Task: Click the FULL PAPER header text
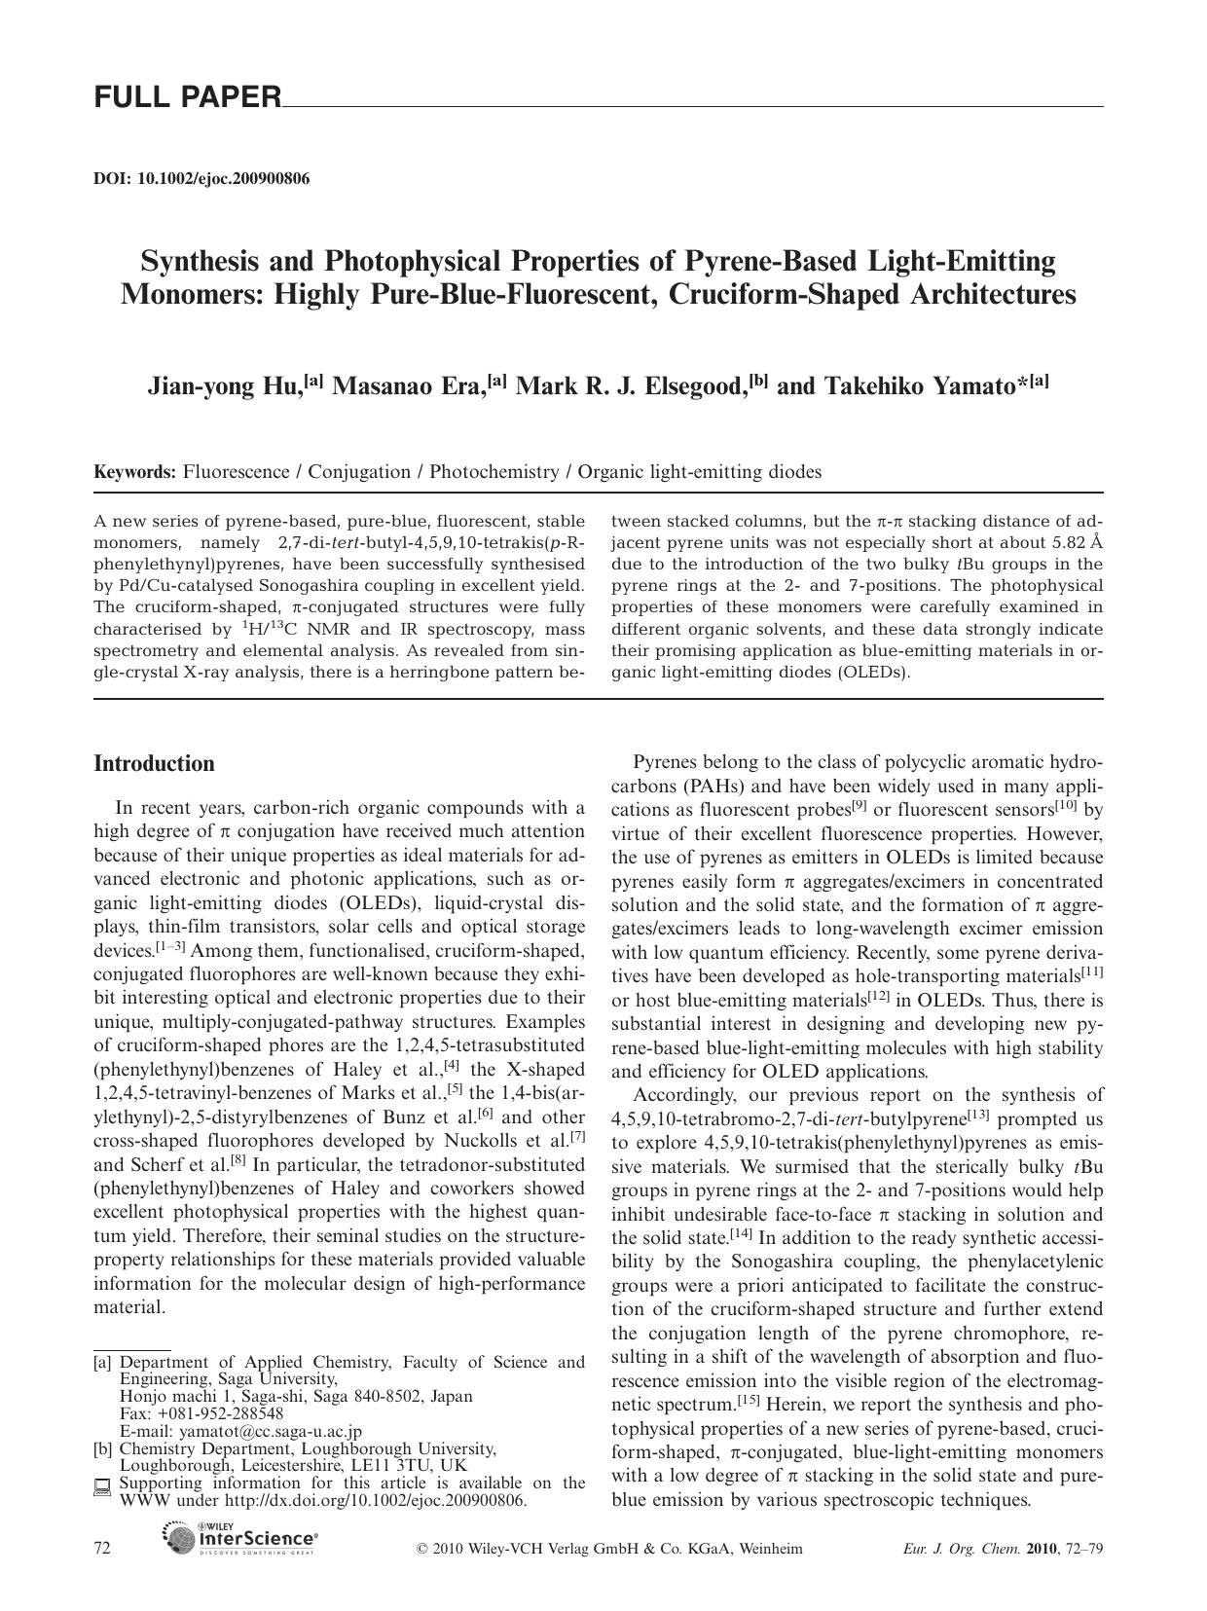point(187,97)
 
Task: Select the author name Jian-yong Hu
point(223,386)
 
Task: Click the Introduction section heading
point(154,764)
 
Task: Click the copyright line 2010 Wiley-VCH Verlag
point(609,1549)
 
